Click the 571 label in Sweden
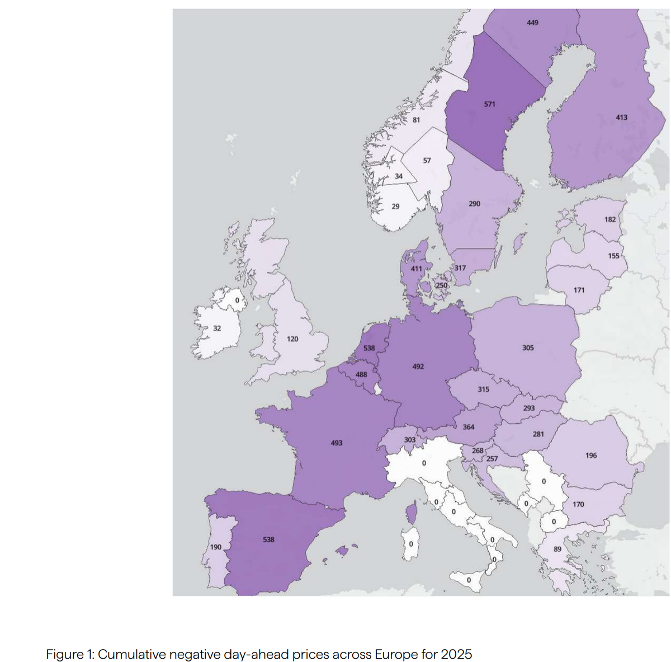click(489, 104)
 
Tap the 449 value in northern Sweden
click(533, 22)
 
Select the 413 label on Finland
click(621, 118)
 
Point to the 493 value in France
click(336, 443)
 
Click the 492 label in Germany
click(418, 367)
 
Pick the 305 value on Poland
click(528, 348)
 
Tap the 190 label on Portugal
click(216, 547)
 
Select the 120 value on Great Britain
click(292, 339)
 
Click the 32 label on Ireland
click(217, 328)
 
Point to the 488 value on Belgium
click(361, 374)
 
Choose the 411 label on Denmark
click(416, 269)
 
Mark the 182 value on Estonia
click(610, 219)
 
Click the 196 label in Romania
click(591, 456)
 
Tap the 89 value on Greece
click(557, 549)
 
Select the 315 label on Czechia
click(483, 389)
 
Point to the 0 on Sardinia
click(410, 544)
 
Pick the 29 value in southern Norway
click(395, 206)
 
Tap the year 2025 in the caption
click(456, 654)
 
